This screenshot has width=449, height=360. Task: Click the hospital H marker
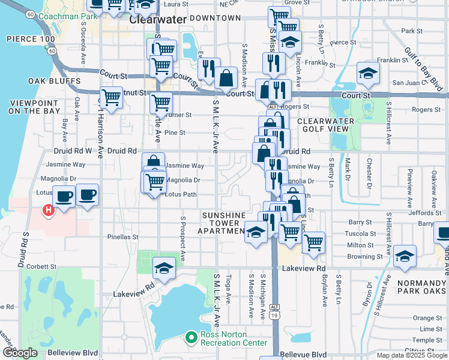coord(47,211)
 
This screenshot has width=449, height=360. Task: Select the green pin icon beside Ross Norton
coord(191,338)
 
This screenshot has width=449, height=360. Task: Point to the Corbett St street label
coord(40,266)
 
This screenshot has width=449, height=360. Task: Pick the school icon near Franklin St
coord(368,74)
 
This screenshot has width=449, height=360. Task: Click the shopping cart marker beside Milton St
coord(313,243)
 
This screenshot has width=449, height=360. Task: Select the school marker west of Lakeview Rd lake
coord(163,269)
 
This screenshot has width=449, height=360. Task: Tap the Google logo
coord(20,353)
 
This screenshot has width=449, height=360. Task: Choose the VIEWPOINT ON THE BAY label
coord(34,107)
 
